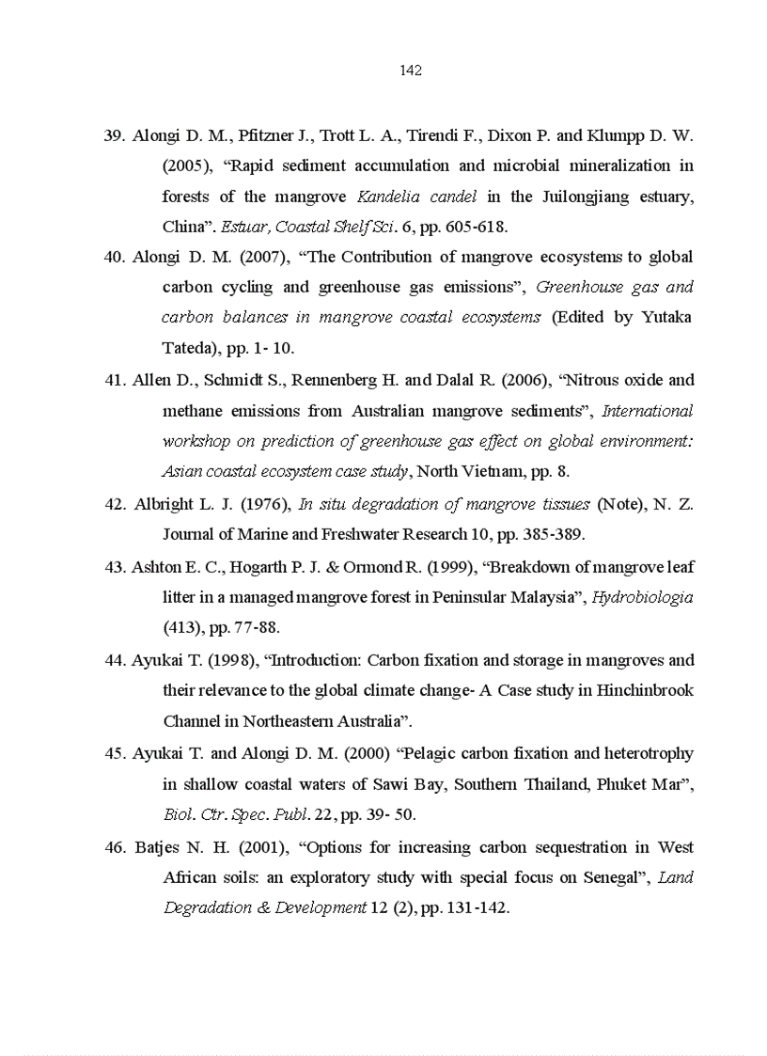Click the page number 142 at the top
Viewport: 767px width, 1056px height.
click(411, 71)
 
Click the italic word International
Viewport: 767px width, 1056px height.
click(647, 411)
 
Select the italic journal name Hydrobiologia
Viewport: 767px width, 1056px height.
click(643, 597)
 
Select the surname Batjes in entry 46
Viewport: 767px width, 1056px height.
click(159, 847)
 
